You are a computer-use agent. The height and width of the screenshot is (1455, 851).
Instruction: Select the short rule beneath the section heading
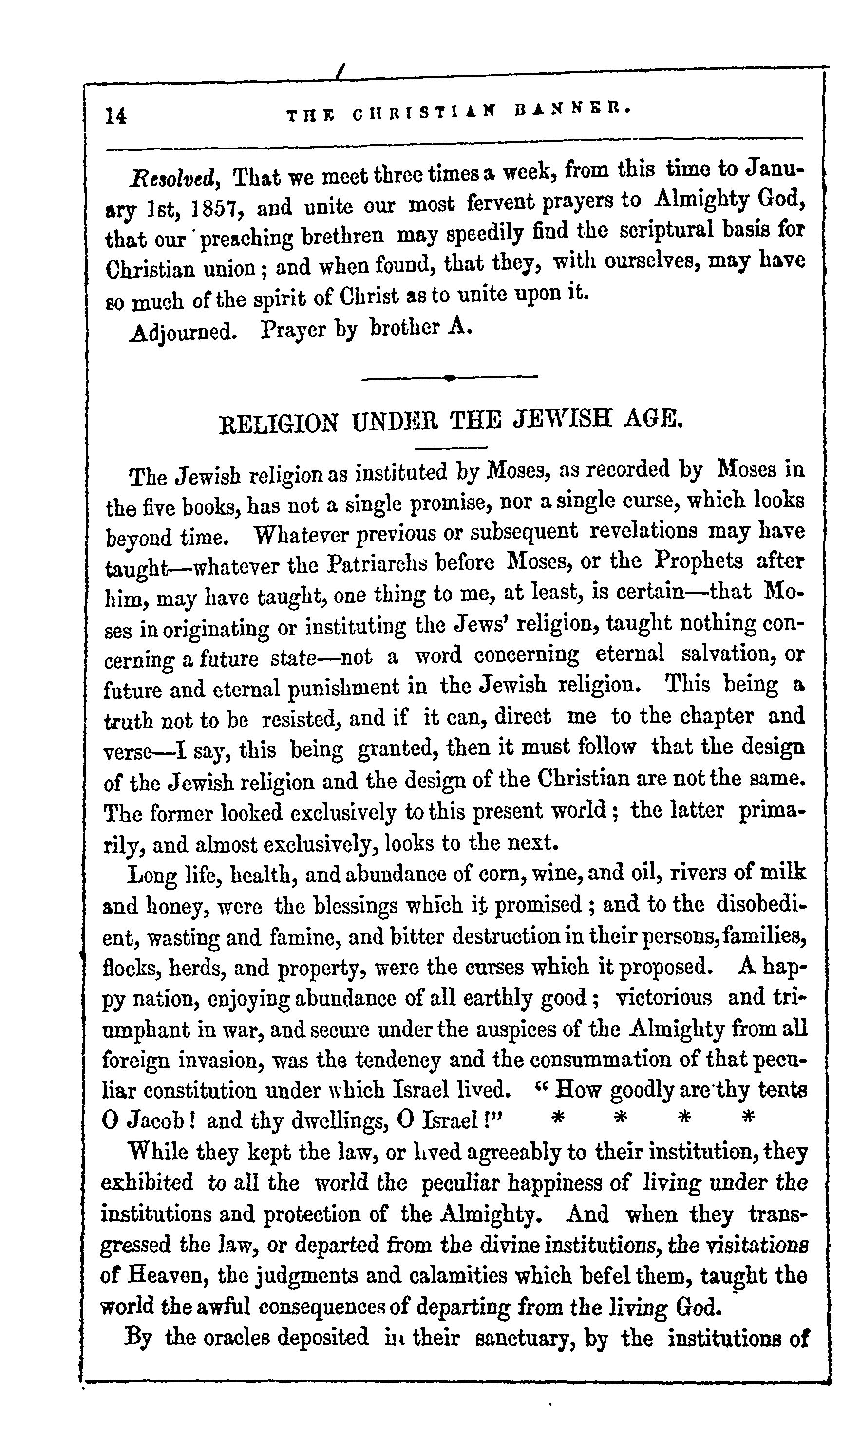pyautogui.click(x=451, y=448)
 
